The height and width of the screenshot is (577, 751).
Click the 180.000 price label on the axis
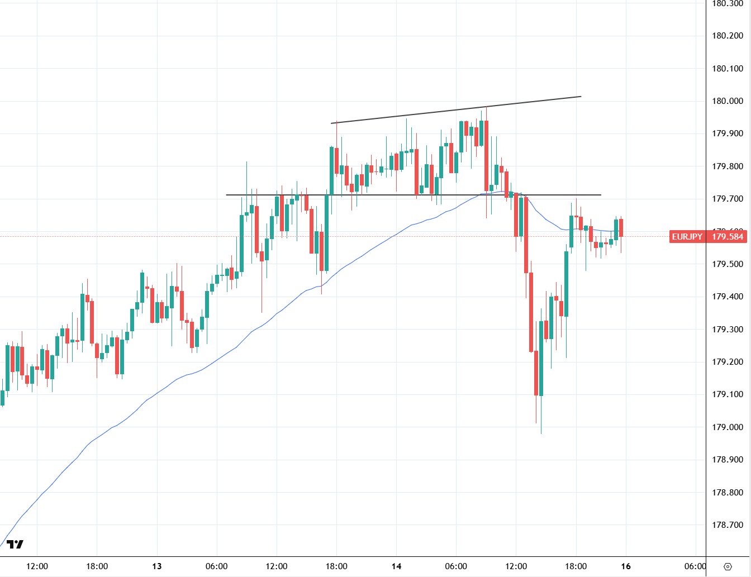728,101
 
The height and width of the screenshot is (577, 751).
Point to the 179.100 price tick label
728,394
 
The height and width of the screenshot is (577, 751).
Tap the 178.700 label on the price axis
728,525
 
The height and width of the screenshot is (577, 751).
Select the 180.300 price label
728,4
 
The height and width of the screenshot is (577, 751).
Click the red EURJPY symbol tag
687,237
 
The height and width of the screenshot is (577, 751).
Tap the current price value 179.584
728,237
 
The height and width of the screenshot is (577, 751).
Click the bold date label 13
157,566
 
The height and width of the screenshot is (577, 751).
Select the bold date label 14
396,566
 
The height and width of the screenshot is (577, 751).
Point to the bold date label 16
626,566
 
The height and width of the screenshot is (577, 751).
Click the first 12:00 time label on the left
37,566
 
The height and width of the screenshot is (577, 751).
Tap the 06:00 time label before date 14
216,566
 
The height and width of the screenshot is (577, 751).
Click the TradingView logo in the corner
15,544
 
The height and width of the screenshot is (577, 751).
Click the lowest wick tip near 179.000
541,432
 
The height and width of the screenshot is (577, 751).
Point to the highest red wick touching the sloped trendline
487,107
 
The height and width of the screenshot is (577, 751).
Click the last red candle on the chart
621,228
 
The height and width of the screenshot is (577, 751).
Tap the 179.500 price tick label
728,264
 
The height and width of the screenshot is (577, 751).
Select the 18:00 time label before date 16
576,566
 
